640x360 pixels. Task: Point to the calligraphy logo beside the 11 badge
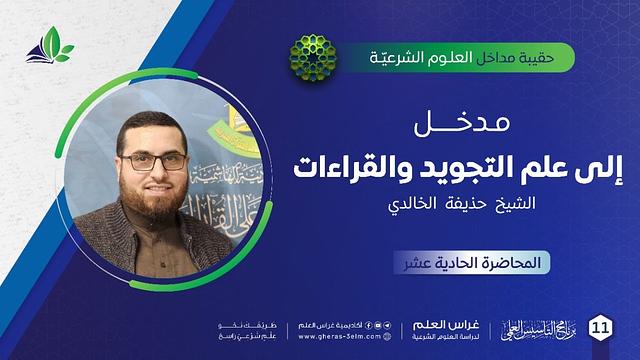point(546,328)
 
